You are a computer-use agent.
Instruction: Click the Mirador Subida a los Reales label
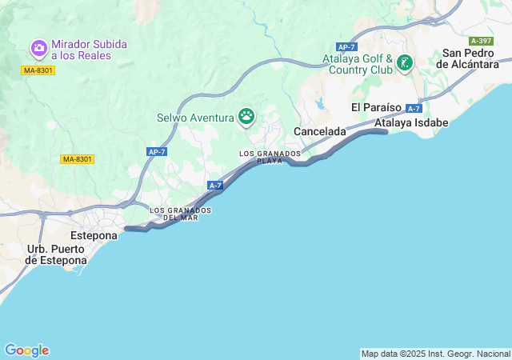(x=87, y=50)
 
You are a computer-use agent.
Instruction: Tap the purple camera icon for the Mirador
(x=38, y=50)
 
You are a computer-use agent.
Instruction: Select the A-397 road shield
(x=482, y=41)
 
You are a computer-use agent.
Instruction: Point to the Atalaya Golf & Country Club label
(x=358, y=64)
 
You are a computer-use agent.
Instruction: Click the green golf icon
(x=406, y=62)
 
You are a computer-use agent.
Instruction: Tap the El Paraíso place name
(x=376, y=107)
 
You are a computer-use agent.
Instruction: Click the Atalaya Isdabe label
(x=412, y=123)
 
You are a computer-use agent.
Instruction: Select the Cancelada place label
(x=320, y=130)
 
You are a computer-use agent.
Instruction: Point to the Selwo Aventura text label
(x=195, y=118)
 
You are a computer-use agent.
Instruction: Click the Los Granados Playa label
(x=270, y=157)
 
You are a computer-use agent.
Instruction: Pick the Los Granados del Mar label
(x=181, y=214)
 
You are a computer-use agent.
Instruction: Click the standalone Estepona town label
(x=94, y=236)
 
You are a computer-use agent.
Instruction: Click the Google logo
(x=26, y=350)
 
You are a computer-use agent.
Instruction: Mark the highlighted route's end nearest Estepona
(x=127, y=229)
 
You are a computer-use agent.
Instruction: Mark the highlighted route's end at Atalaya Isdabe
(x=386, y=133)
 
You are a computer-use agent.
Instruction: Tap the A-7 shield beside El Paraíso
(x=414, y=108)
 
